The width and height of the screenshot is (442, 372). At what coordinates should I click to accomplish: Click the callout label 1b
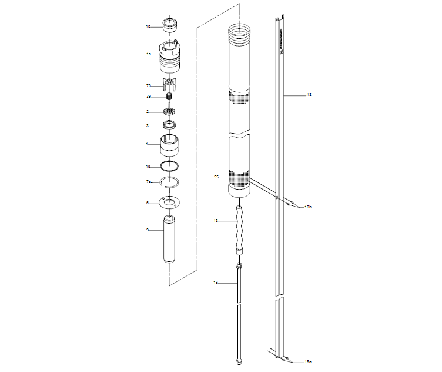(149, 26)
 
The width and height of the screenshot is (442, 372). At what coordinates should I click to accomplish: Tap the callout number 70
(149, 85)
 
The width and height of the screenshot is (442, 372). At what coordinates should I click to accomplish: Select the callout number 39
(149, 97)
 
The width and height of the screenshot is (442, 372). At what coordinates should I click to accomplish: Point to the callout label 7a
(149, 182)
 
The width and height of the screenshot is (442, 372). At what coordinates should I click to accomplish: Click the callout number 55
(216, 177)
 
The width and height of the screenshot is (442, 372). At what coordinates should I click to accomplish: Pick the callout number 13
(216, 220)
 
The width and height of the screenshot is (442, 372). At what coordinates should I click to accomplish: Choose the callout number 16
(216, 283)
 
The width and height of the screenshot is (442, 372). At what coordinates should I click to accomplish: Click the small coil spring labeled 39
(169, 97)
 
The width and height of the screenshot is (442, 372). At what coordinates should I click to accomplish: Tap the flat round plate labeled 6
(170, 203)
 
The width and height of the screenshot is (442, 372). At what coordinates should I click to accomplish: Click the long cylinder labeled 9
(170, 241)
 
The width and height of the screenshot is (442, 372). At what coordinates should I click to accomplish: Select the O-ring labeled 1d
(170, 167)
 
